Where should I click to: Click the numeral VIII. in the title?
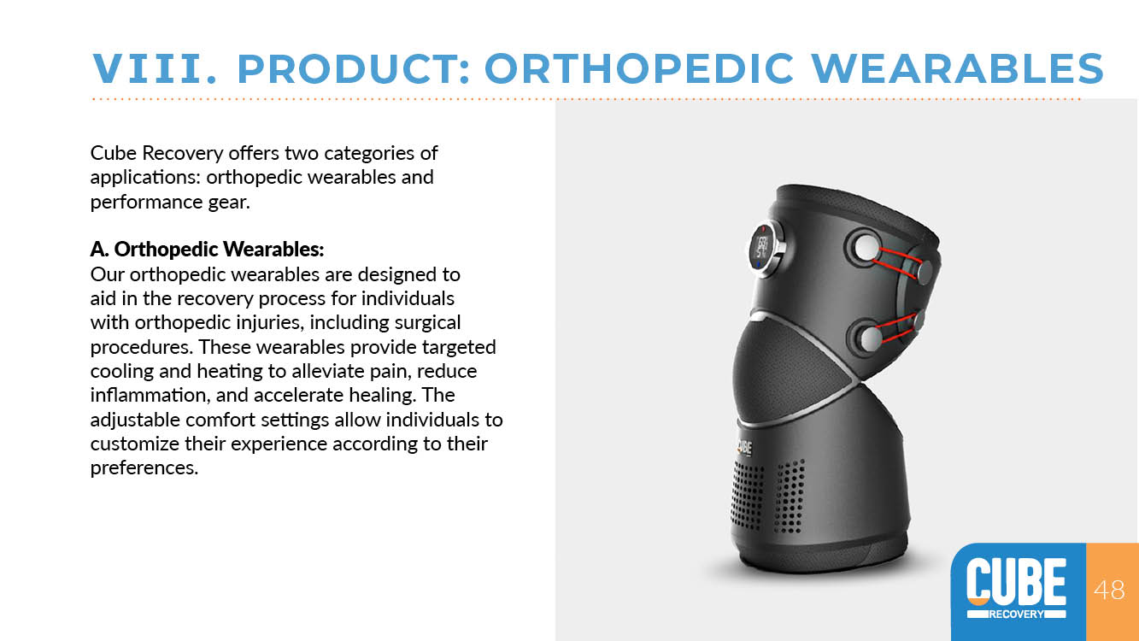[155, 68]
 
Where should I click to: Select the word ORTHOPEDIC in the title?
[638, 68]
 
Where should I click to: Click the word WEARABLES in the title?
[957, 68]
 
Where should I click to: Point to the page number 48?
[1109, 591]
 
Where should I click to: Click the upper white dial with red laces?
[866, 248]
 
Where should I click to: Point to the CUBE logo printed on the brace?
[744, 448]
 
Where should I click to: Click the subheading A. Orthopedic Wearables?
[207, 250]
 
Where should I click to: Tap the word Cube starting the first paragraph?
[114, 153]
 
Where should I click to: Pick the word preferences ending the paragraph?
[144, 468]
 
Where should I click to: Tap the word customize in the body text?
[135, 444]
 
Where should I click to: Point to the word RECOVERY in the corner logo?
[1017, 614]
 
